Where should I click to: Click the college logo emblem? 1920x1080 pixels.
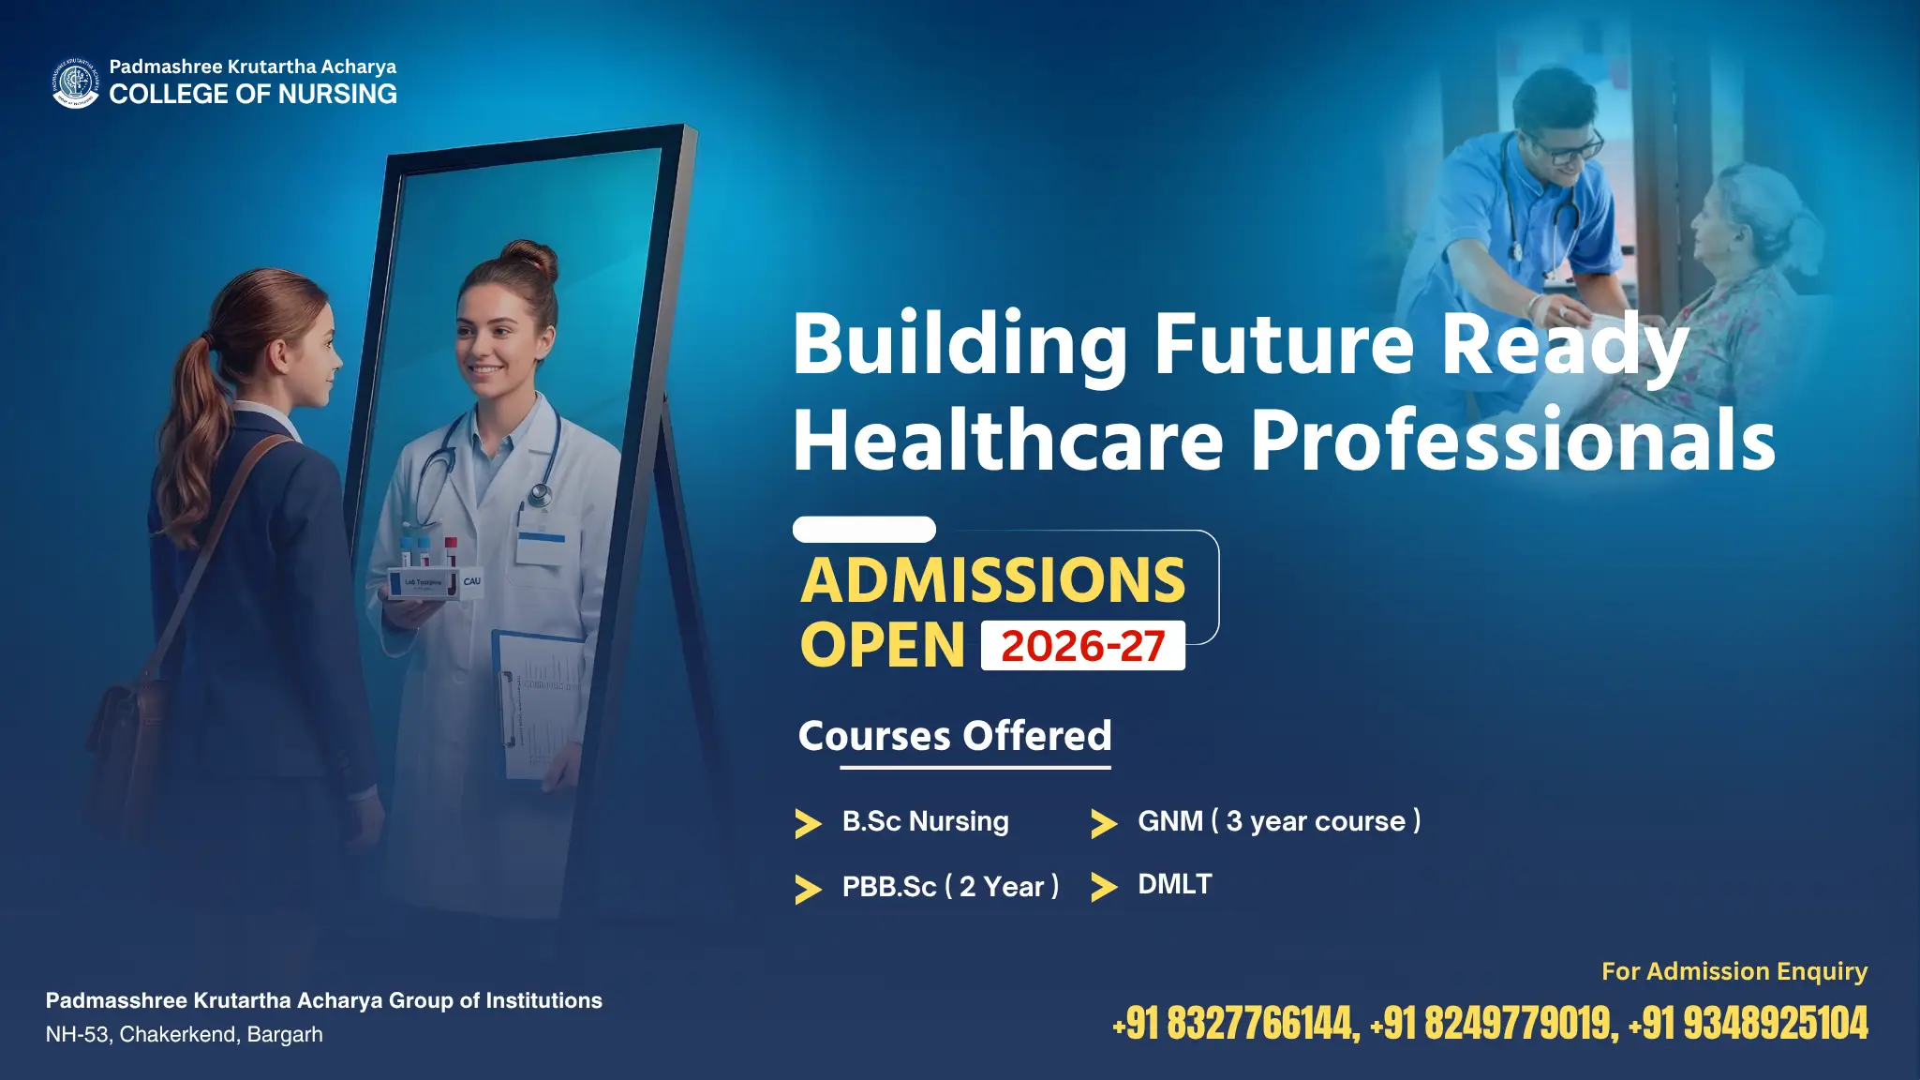click(x=75, y=82)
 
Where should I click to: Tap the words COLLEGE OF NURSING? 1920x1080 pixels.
click(x=253, y=94)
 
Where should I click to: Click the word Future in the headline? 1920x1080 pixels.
click(x=1283, y=343)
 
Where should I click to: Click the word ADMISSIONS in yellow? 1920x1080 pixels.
click(x=993, y=580)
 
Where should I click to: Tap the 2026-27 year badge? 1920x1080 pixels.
click(x=1083, y=646)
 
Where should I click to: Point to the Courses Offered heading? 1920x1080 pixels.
click(x=955, y=736)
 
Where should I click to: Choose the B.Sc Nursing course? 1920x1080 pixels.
click(x=925, y=821)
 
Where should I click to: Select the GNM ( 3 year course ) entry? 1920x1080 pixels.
click(x=1279, y=821)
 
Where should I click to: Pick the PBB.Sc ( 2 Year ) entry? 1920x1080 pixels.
click(x=950, y=886)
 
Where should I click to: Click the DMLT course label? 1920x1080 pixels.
click(x=1175, y=884)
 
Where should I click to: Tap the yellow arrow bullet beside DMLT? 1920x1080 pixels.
click(x=1104, y=887)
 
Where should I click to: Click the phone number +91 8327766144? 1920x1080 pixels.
click(x=1235, y=1023)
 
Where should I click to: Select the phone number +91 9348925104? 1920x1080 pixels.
click(x=1749, y=1023)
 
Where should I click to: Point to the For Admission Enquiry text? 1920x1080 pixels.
click(x=1734, y=971)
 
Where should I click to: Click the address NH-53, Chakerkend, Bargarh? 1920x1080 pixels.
click(x=185, y=1034)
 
